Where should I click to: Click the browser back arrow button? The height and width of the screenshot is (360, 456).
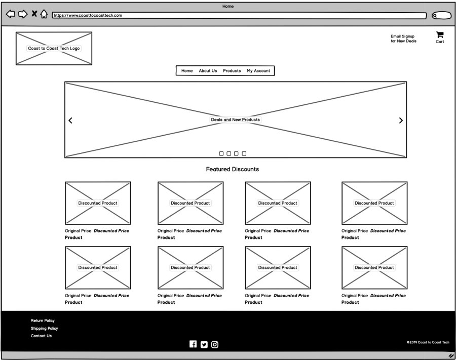[11, 14]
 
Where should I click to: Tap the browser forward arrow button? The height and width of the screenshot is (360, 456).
[23, 14]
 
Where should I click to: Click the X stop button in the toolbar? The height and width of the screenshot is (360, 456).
[34, 13]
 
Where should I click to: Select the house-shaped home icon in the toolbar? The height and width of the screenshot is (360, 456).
[44, 14]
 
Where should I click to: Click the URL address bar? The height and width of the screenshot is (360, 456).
[239, 15]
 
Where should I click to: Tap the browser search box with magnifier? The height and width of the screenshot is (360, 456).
[441, 15]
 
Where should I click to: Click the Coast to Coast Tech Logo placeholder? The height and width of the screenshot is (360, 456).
[54, 48]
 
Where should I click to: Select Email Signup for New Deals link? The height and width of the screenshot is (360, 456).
[403, 38]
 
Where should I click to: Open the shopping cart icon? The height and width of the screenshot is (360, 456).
[440, 35]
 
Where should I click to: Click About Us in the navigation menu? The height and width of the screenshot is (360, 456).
[208, 70]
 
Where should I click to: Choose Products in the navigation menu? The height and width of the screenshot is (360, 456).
[232, 70]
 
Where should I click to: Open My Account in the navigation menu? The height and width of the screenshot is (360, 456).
[258, 70]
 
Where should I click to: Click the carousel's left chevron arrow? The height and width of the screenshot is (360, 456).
[70, 121]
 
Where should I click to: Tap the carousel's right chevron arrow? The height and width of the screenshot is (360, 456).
[401, 121]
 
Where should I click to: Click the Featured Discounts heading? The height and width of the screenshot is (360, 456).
[233, 169]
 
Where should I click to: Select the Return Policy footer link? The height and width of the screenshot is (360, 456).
[43, 321]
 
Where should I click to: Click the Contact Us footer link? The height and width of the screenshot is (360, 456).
[42, 336]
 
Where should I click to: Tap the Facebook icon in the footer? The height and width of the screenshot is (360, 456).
[193, 344]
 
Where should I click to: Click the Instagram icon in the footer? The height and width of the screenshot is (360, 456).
[215, 345]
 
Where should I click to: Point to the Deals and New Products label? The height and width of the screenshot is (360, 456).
[235, 119]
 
